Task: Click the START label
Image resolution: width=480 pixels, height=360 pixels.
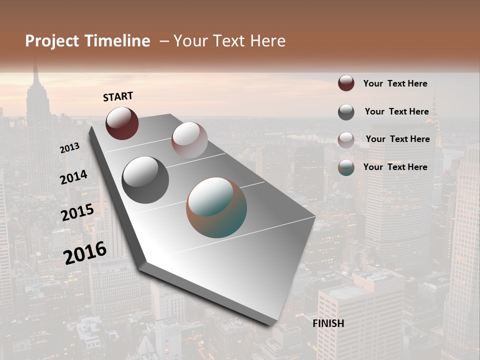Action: coord(118,96)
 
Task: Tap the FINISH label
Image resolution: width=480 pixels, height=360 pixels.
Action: coord(328,323)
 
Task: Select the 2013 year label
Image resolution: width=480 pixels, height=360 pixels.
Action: coord(69,148)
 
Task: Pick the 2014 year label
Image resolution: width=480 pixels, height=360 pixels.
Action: coord(73,177)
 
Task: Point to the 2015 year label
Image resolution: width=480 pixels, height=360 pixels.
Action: coord(77,212)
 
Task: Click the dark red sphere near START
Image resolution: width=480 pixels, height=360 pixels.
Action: coord(122,123)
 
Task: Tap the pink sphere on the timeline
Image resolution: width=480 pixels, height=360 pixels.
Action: coord(189,139)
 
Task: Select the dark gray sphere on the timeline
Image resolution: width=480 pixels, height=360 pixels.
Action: coord(145,179)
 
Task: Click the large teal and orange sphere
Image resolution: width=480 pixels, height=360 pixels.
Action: coord(216,207)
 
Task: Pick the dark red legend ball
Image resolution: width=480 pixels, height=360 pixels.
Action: coord(346,83)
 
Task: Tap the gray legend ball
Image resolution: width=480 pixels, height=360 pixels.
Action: coord(346,111)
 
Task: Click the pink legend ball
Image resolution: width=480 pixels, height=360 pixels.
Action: coord(346,139)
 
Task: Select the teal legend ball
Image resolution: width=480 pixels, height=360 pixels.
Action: coord(346,167)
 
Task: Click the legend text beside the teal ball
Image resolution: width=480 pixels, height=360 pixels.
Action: coord(395,167)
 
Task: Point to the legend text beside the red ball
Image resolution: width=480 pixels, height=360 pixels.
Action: coord(395,83)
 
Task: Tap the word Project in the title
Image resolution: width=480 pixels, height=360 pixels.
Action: coord(52,41)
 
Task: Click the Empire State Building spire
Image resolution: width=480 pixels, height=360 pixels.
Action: coord(35,70)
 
